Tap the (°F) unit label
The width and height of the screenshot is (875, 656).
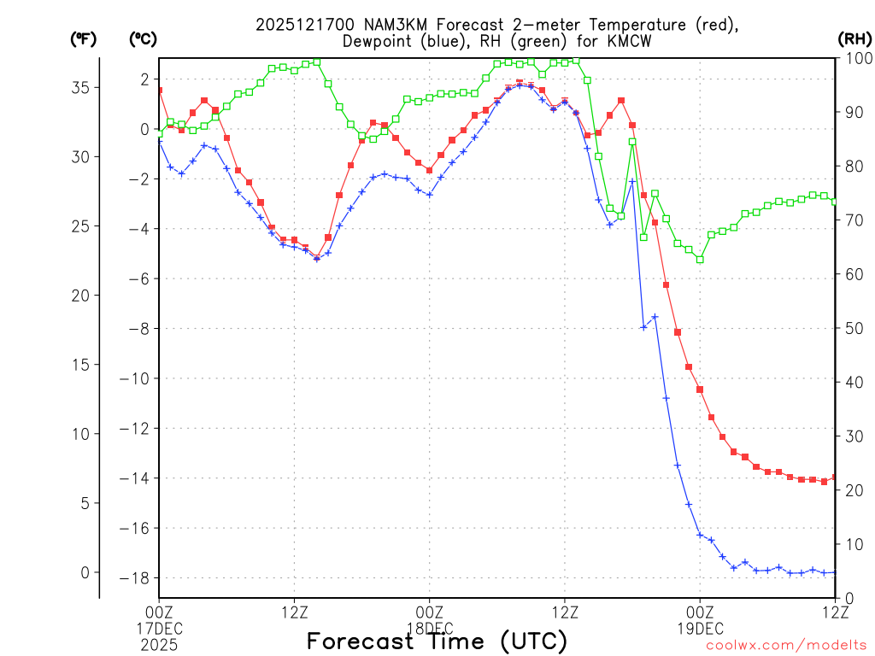[x=83, y=38]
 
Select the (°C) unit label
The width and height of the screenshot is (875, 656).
[x=142, y=38]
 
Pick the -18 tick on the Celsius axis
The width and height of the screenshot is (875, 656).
[x=138, y=578]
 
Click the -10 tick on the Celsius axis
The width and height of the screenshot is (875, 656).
[x=138, y=378]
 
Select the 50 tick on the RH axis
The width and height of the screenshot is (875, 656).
[x=851, y=328]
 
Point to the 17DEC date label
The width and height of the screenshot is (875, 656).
[x=159, y=628]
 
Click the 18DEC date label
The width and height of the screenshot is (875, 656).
[x=429, y=628]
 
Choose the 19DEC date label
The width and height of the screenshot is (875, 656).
[x=700, y=628]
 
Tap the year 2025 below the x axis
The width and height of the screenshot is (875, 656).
[x=159, y=644]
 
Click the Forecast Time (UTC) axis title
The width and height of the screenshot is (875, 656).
[x=437, y=641]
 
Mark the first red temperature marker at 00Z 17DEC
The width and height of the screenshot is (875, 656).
[x=159, y=90]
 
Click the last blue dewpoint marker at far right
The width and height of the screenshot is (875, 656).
[x=835, y=571]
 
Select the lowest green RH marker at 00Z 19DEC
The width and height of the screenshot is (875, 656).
[x=700, y=259]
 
